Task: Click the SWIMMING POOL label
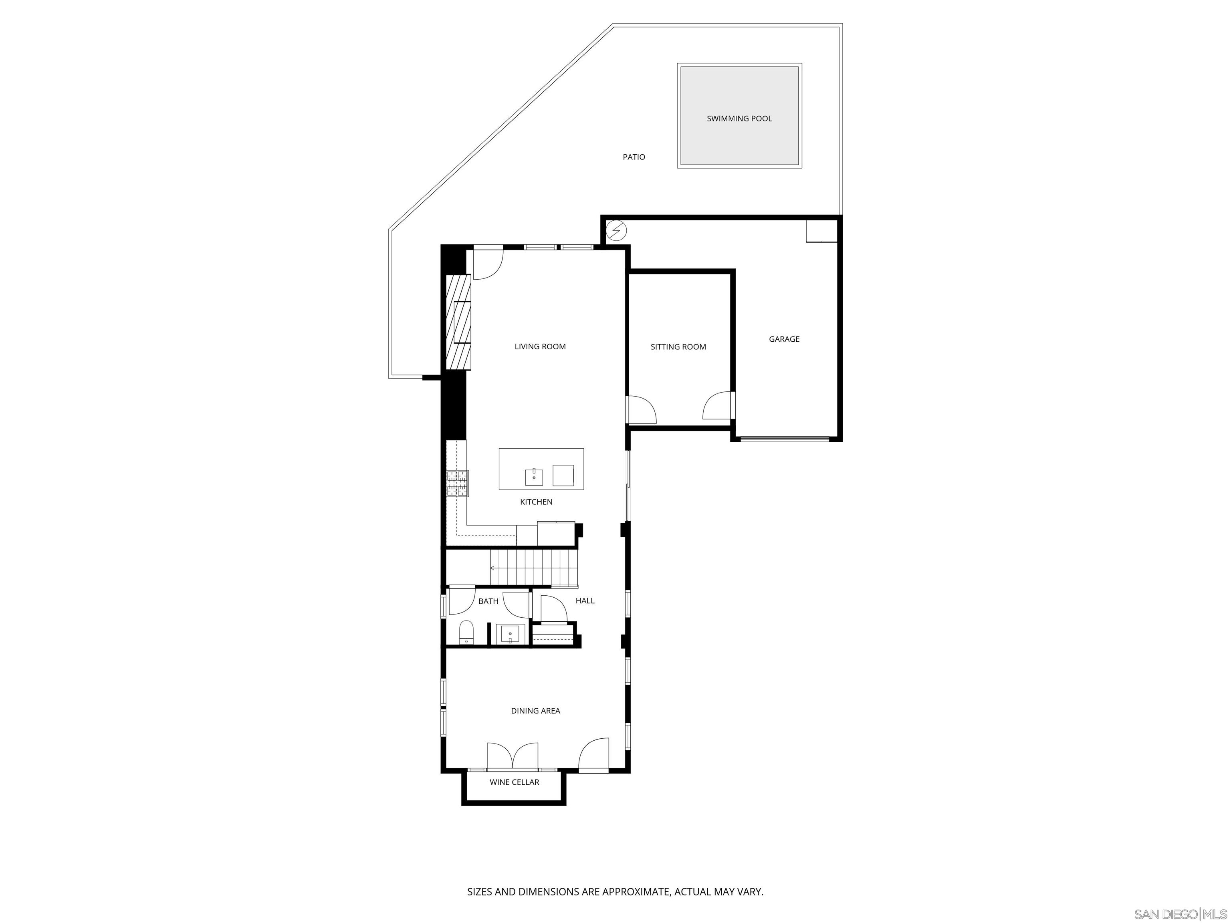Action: pyautogui.click(x=739, y=119)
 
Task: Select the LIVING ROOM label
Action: pyautogui.click(x=540, y=347)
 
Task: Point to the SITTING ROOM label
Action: pyautogui.click(x=678, y=347)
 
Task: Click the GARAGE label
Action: pyautogui.click(x=783, y=339)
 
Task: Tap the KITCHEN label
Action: pyautogui.click(x=536, y=502)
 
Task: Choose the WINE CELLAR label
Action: pyautogui.click(x=514, y=782)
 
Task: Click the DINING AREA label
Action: pyautogui.click(x=535, y=710)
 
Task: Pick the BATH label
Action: pyautogui.click(x=488, y=601)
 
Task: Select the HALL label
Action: pyautogui.click(x=585, y=601)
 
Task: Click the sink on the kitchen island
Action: pyautogui.click(x=534, y=477)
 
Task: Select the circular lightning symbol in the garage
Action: pyautogui.click(x=615, y=230)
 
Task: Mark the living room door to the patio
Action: pyautogui.click(x=486, y=263)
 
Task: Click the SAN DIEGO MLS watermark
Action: pyautogui.click(x=1180, y=914)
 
